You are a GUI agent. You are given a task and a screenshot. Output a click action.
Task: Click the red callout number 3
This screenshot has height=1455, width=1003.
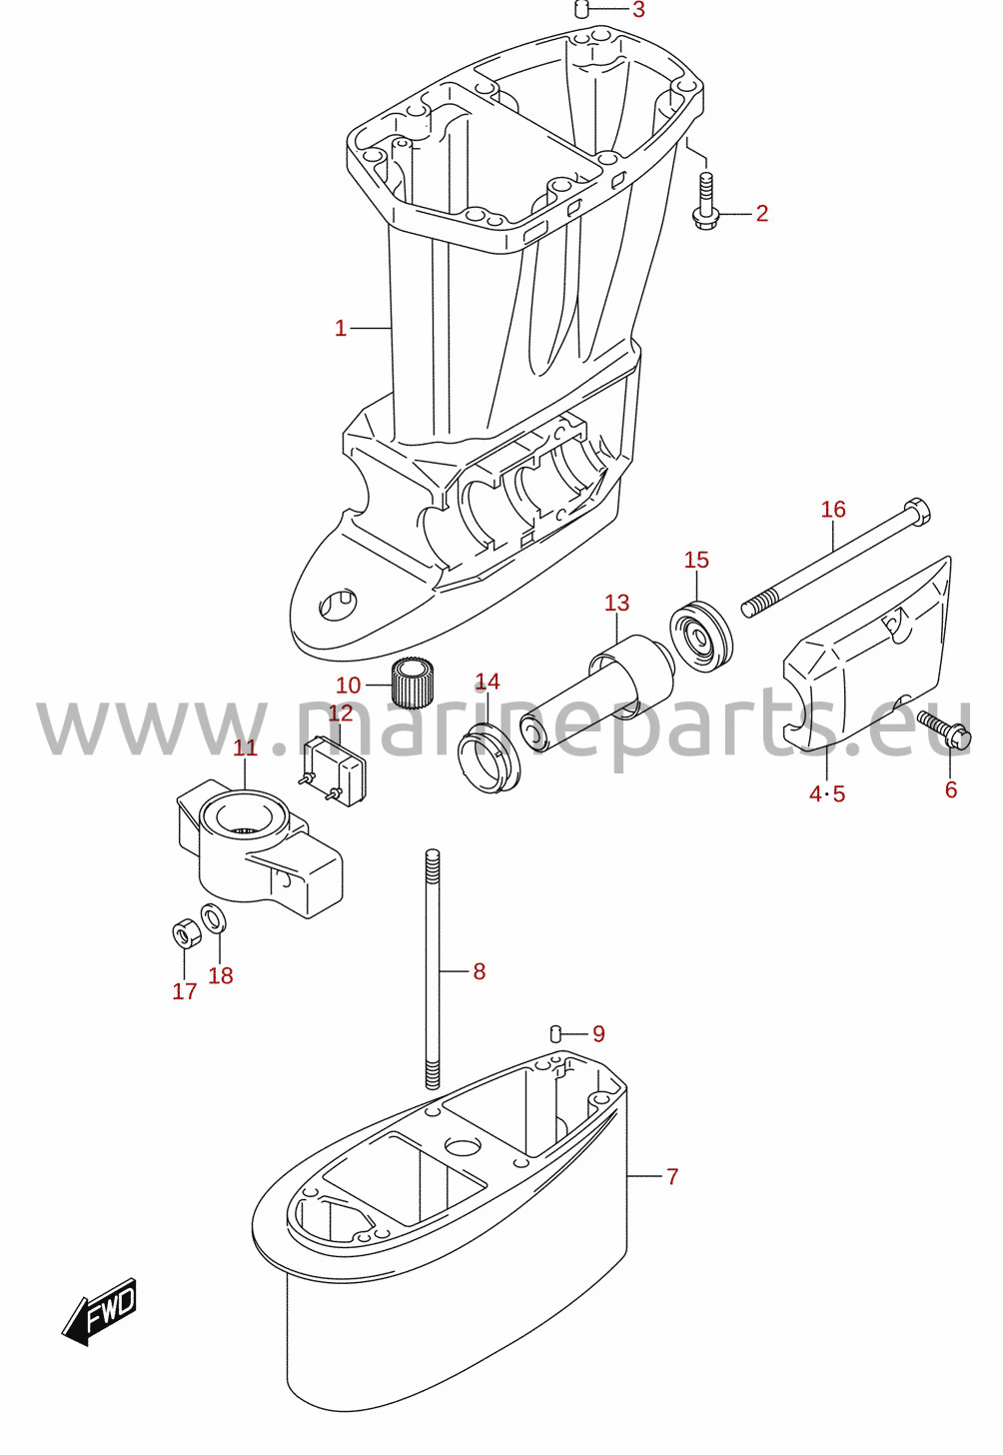[x=638, y=10]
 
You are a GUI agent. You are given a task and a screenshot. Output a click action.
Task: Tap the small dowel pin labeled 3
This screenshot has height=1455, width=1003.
[x=582, y=10]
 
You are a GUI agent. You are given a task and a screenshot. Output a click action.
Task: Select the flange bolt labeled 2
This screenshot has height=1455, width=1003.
[x=704, y=202]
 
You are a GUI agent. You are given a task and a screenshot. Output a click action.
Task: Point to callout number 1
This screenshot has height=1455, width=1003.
[x=341, y=329]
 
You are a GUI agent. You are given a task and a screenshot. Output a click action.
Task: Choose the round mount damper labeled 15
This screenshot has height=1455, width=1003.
[x=701, y=638]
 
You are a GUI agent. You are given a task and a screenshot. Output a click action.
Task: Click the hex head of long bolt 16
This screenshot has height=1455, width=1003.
[x=917, y=511]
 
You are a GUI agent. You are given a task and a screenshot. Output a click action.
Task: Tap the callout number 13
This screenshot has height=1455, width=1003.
[x=616, y=603]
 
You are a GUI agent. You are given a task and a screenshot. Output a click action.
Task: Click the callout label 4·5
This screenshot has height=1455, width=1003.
[x=827, y=793]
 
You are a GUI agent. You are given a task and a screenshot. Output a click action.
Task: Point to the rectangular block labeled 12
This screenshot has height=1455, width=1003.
[x=336, y=771]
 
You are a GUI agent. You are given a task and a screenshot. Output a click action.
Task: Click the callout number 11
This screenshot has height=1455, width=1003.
[x=246, y=747]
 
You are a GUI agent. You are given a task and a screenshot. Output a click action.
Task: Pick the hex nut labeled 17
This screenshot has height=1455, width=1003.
[x=185, y=934]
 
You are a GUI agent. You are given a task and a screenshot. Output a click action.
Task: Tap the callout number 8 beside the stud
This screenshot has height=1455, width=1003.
[x=480, y=971]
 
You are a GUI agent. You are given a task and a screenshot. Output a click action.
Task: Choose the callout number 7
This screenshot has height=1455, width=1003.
[x=672, y=1176]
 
